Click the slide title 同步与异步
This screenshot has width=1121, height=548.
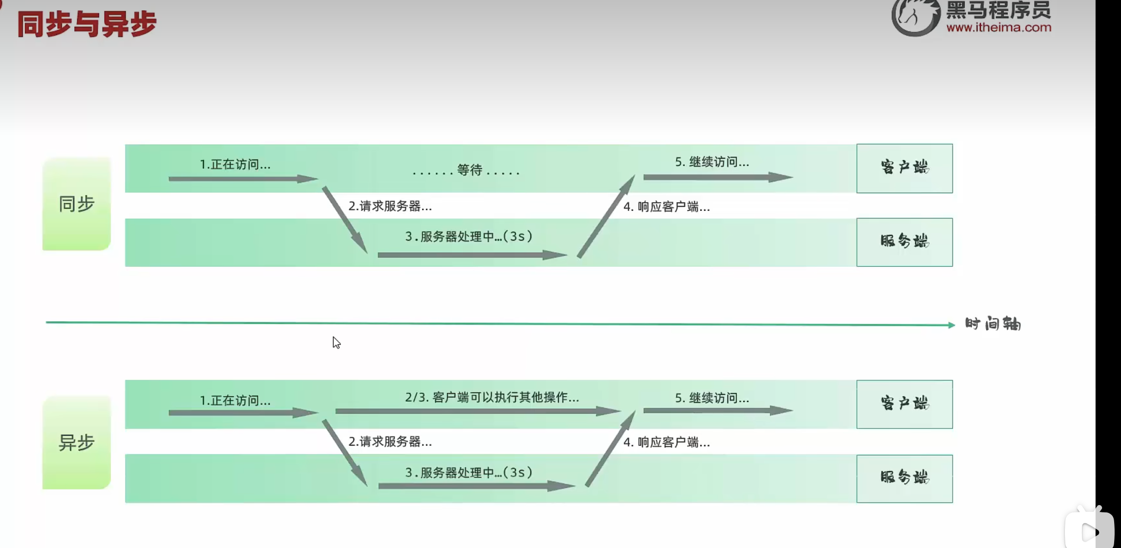coord(87,24)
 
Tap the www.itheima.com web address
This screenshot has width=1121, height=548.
coord(998,28)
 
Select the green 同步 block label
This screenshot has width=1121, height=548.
coord(77,204)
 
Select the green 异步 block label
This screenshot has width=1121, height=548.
coord(77,443)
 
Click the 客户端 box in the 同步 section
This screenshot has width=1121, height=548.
coord(904,168)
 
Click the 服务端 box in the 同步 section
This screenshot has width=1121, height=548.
coord(904,242)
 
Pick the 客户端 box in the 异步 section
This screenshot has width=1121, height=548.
coord(904,404)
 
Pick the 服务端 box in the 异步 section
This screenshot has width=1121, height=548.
coord(904,478)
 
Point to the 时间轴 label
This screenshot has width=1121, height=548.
coord(993,324)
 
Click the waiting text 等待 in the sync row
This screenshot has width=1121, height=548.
coord(469,170)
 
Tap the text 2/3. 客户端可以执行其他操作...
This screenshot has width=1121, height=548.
coord(492,397)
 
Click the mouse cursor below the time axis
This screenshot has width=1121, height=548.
coord(337,343)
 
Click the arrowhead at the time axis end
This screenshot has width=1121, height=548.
coord(951,325)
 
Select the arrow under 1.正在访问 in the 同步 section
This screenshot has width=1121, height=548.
coord(242,179)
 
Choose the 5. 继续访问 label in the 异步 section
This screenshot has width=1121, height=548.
coord(712,398)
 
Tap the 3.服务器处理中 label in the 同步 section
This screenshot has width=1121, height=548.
coord(468,237)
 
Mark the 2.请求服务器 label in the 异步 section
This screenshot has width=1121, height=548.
coord(390,442)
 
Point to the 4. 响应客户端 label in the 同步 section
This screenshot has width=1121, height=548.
coord(666,207)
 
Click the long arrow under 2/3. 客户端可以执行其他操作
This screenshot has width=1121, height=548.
coord(476,411)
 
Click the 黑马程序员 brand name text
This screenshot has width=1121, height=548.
coord(998,10)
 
